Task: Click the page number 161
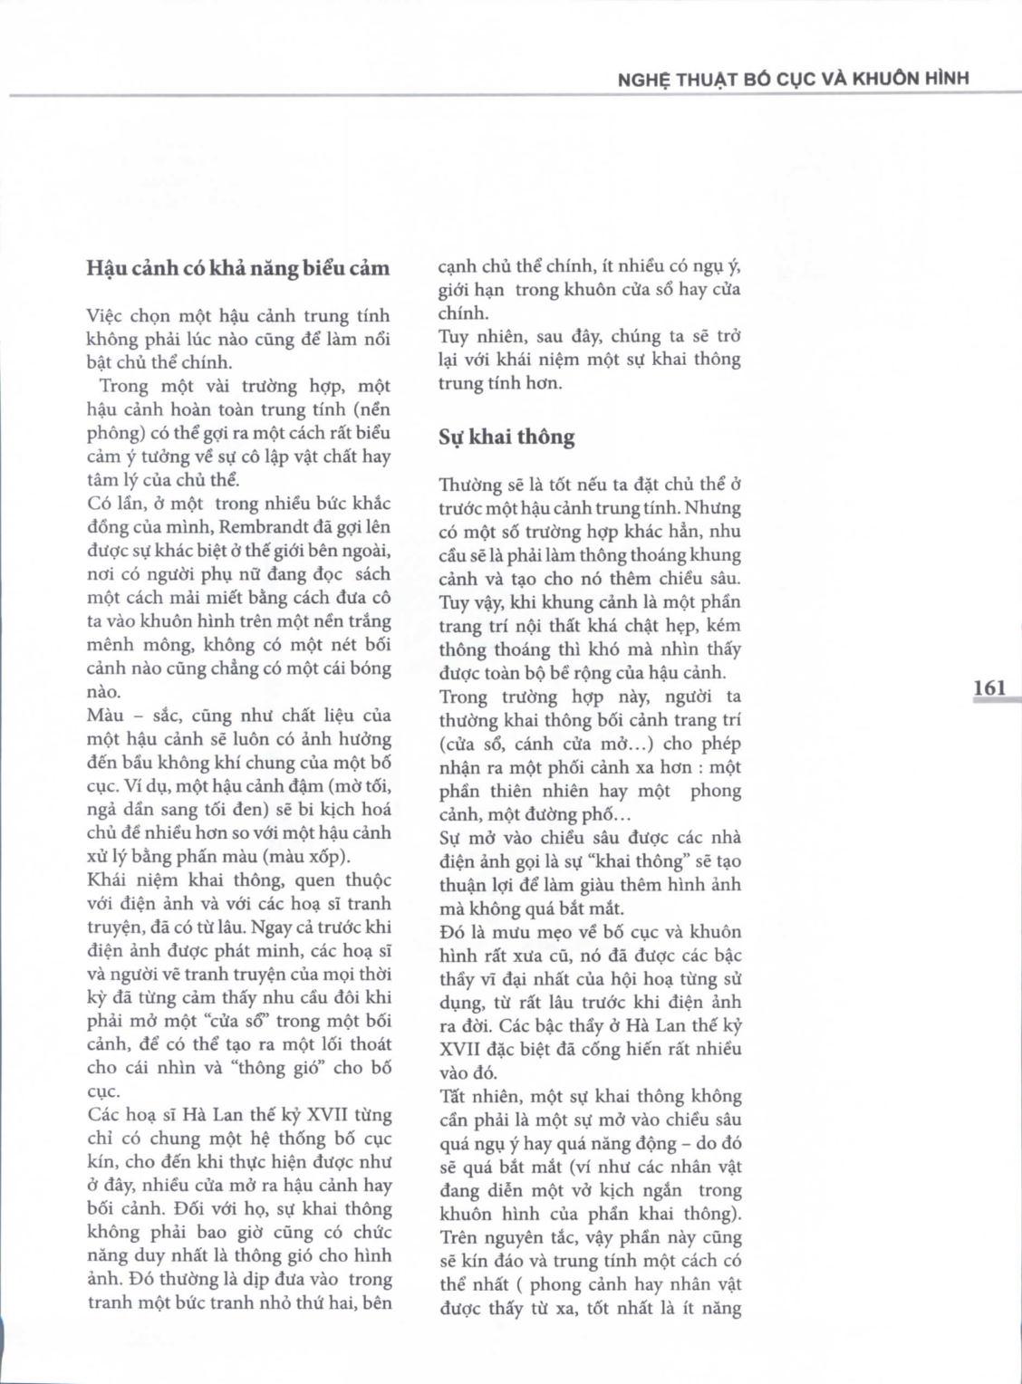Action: tap(989, 687)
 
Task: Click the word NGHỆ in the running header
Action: tap(641, 79)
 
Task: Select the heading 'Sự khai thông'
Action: tap(506, 437)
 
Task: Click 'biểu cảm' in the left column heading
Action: tap(348, 268)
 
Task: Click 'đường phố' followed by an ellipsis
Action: tap(571, 814)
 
